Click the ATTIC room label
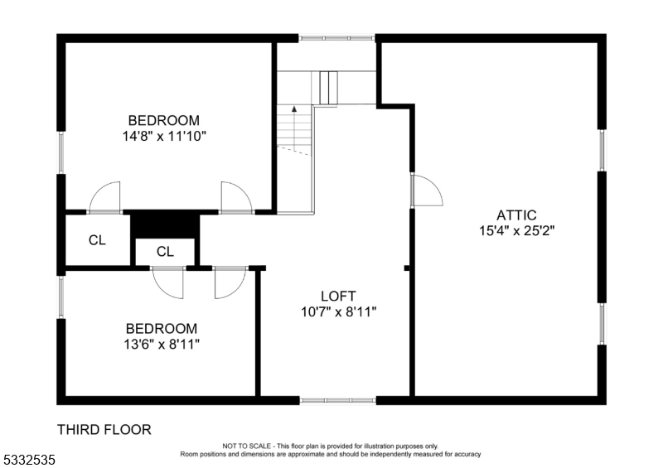click(516, 215)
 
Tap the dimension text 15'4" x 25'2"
click(516, 232)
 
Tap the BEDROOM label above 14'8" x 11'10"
click(163, 120)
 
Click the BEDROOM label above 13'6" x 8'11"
click(162, 328)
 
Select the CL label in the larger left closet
click(97, 241)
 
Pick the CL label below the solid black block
click(165, 252)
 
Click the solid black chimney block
click(166, 224)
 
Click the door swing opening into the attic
click(428, 191)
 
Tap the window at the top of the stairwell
click(336, 37)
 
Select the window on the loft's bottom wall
click(337, 400)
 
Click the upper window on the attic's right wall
click(602, 150)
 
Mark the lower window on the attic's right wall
click(602, 324)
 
